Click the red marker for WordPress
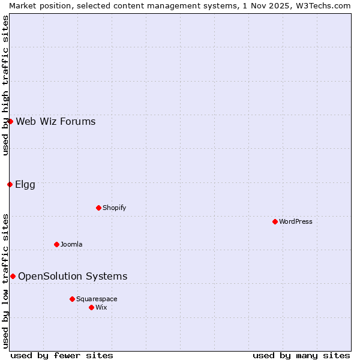[275, 221]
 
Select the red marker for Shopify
[98, 208]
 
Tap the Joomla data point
[56, 244]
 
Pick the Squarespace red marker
[72, 299]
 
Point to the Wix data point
[91, 307]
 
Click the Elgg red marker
[10, 184]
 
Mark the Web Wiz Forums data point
[10, 121]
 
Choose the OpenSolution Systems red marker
[13, 276]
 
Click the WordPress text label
[296, 221]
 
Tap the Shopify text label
[114, 208]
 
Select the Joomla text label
[71, 244]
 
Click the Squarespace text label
[97, 299]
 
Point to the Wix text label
[101, 307]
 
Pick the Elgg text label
[25, 184]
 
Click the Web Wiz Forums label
[56, 121]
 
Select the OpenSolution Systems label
[73, 276]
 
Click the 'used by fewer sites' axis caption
[62, 355]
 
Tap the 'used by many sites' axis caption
[301, 355]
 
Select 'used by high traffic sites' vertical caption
[5, 85]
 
